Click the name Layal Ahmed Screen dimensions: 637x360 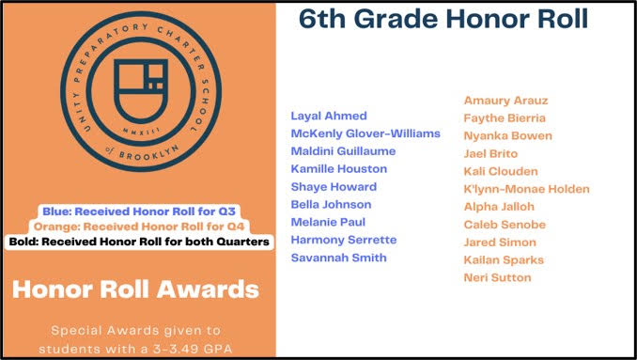(329, 117)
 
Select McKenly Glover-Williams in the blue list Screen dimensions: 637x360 (365, 133)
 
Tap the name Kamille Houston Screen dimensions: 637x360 (339, 169)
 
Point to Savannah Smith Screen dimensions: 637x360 (339, 258)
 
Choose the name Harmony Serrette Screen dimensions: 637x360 (344, 240)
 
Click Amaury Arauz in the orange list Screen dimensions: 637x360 (505, 101)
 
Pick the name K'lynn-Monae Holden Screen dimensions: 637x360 (526, 189)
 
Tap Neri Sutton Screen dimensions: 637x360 (497, 278)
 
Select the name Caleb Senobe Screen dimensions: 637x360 (505, 225)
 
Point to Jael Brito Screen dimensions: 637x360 (490, 154)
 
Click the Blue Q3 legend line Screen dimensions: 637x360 (139, 211)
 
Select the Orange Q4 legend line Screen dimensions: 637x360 (139, 227)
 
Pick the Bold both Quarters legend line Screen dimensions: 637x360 (139, 243)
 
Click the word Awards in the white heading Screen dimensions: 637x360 (208, 290)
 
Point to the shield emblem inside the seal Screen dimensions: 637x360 (141, 91)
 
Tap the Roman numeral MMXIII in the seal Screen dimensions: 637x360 (141, 131)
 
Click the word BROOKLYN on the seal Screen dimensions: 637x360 (148, 153)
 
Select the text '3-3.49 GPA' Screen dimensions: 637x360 (192, 349)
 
